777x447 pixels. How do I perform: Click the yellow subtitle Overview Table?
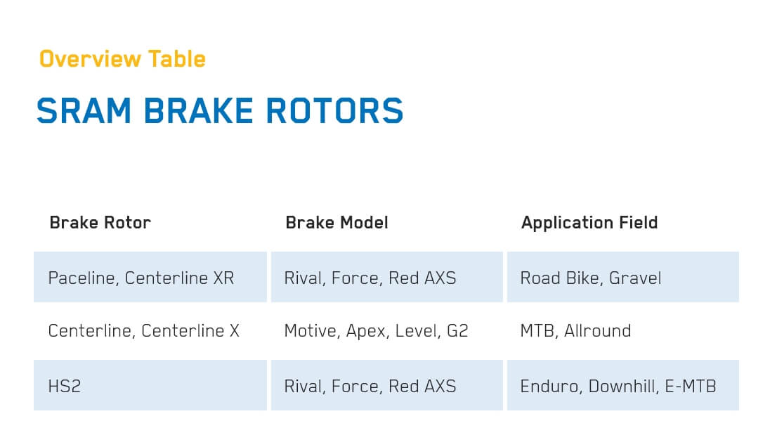pos(122,59)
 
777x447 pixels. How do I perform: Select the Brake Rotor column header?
pos(100,223)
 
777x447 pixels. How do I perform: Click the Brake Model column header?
pos(337,223)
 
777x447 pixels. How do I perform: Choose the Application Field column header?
pos(589,223)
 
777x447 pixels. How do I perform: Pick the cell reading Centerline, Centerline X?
pos(143,331)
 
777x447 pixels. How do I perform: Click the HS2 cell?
pos(65,386)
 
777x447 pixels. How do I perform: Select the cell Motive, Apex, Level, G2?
pos(376,331)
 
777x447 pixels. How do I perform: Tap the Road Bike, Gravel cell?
pos(591,278)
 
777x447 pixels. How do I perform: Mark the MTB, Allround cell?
pos(575,331)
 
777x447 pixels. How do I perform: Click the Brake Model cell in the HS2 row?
pos(370,386)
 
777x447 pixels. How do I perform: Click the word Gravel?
pos(635,278)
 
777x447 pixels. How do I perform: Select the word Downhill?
pos(622,386)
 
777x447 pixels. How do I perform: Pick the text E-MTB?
pos(691,386)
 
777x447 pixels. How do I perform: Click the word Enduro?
pos(549,386)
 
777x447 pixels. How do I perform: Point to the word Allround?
pos(598,331)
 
